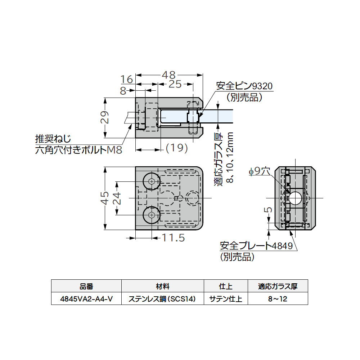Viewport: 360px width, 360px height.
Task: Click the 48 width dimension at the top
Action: click(x=168, y=75)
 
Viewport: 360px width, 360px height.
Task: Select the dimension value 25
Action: click(x=175, y=84)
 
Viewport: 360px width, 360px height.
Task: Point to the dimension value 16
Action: click(x=127, y=79)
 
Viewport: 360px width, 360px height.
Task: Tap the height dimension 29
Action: click(x=104, y=118)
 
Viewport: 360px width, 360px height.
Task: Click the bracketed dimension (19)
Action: click(x=177, y=148)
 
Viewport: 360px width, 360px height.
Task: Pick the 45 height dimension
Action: click(x=104, y=198)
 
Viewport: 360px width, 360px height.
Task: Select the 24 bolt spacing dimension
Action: click(x=117, y=198)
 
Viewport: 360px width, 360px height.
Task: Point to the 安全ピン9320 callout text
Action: click(x=244, y=86)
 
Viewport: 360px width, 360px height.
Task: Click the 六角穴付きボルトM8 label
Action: click(x=78, y=150)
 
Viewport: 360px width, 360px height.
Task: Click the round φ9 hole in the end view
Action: click(x=296, y=198)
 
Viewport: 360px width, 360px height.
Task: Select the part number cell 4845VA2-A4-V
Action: click(x=86, y=299)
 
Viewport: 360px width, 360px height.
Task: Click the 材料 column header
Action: click(x=162, y=287)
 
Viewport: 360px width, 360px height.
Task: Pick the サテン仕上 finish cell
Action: click(x=226, y=299)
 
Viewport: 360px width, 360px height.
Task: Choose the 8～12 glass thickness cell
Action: click(x=277, y=299)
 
